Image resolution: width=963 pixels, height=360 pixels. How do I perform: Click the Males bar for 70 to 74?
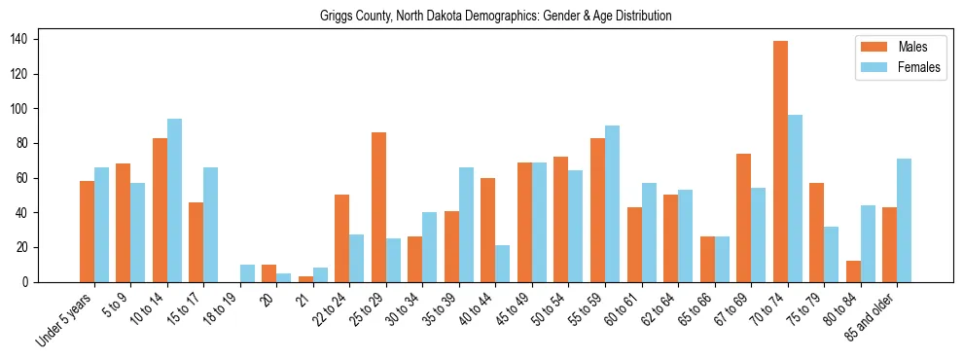click(x=780, y=162)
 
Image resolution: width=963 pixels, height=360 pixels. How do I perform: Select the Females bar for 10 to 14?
click(x=174, y=200)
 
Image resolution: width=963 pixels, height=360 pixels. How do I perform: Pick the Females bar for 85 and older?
click(x=904, y=220)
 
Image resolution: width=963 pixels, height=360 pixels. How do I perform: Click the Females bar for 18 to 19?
click(x=247, y=273)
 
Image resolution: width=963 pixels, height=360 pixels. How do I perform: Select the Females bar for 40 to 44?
click(x=503, y=264)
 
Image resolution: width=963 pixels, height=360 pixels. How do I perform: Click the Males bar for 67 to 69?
click(x=743, y=218)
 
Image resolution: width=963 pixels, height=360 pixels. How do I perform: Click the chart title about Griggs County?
click(x=496, y=17)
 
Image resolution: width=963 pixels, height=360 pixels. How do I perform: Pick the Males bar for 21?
click(x=305, y=279)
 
